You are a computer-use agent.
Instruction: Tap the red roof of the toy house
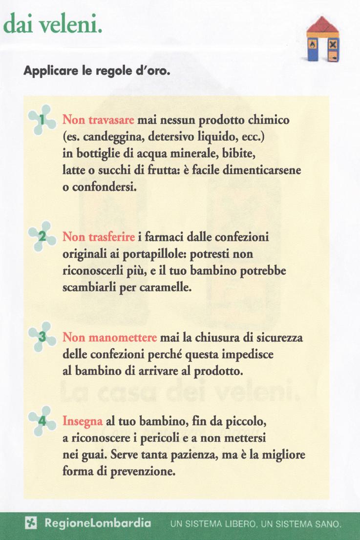[x=323, y=26]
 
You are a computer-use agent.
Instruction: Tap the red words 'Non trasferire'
[x=99, y=238]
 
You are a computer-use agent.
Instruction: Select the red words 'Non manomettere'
[x=110, y=337]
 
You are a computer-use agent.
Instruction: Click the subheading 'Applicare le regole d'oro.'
[x=96, y=71]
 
